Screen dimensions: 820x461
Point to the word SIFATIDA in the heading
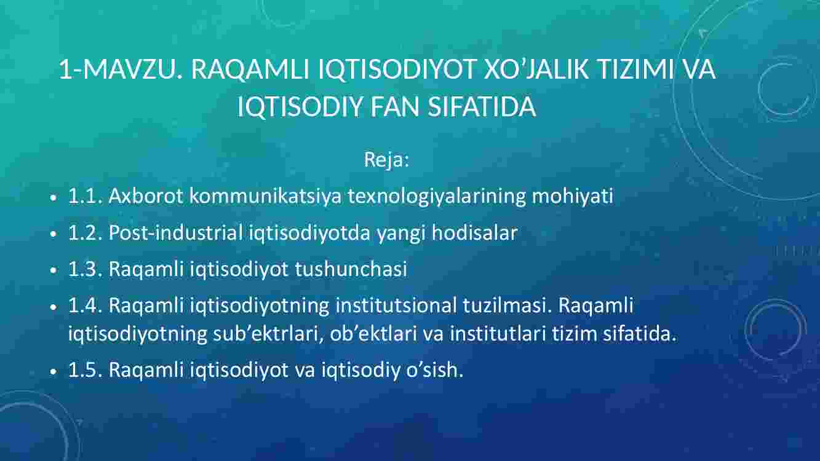pos(482,107)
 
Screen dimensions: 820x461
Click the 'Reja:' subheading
pos(386,160)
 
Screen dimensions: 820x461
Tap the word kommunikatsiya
pos(265,197)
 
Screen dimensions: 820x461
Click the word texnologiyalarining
pos(437,197)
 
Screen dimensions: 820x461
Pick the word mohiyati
pos(572,197)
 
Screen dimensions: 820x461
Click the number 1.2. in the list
pos(85,233)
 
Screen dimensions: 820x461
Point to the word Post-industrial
pos(175,232)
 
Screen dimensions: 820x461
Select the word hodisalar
pos(474,232)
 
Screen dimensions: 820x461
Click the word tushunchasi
pos(351,269)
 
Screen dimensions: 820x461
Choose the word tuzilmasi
pos(507,305)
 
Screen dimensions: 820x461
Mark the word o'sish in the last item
pos(434,369)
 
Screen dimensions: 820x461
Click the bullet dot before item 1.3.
pos(54,270)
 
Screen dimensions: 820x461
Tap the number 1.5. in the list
pos(85,370)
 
